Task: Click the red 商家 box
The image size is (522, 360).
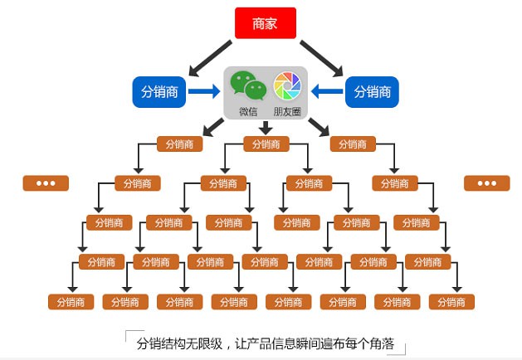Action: point(265,23)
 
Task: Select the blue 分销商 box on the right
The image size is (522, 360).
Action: point(372,91)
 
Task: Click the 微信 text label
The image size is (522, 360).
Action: point(247,111)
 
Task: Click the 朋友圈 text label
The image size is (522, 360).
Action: point(287,111)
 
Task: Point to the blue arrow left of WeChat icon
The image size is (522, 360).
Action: point(204,91)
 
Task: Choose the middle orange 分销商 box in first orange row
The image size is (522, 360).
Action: point(266,144)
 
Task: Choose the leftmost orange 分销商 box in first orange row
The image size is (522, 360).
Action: point(179,144)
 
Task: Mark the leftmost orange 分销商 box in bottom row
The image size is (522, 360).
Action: point(71,302)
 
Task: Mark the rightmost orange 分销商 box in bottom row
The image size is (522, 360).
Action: point(451,302)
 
